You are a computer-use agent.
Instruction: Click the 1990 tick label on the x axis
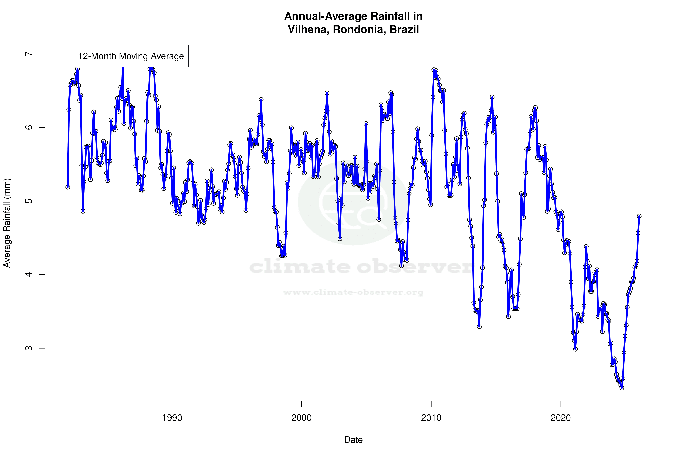click(172, 418)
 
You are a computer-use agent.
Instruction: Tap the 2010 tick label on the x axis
click(431, 418)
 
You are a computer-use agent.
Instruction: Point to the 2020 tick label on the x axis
click(561, 418)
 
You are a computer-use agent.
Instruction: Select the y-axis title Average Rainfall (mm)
click(7, 223)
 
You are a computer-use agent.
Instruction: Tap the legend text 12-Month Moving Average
click(131, 56)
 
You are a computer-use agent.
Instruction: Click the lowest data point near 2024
click(622, 388)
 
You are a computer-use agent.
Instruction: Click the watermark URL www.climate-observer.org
click(353, 292)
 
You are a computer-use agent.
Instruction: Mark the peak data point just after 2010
click(434, 70)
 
